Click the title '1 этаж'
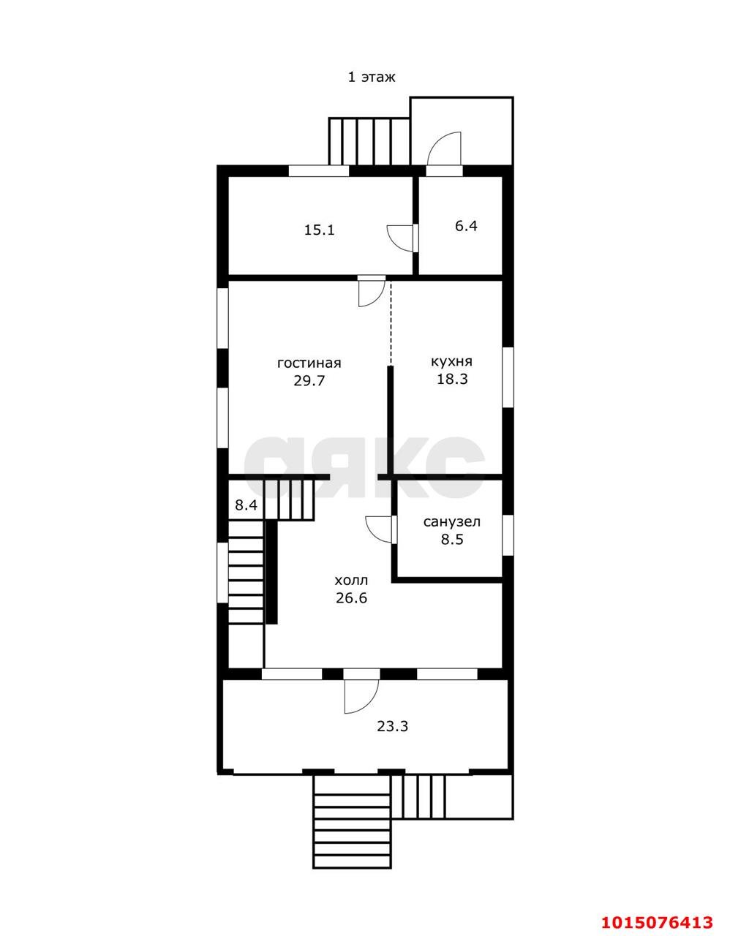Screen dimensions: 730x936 (x=372, y=78)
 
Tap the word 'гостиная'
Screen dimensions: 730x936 (x=309, y=363)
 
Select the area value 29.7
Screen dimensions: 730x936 (x=309, y=381)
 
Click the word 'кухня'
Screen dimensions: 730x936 (x=451, y=361)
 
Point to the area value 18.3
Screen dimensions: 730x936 (x=452, y=379)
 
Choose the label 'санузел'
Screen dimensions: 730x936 (x=452, y=522)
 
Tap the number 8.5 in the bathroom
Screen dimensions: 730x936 (x=452, y=539)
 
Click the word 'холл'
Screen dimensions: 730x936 (x=351, y=581)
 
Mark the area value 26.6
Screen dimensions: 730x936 (x=351, y=598)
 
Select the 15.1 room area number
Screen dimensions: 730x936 (x=319, y=230)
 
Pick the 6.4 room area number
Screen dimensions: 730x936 (x=467, y=226)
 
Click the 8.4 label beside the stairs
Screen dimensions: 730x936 (x=246, y=505)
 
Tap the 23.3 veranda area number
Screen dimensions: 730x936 (x=392, y=727)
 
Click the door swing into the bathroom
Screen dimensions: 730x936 (x=378, y=529)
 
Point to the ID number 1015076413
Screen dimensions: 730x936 (x=657, y=918)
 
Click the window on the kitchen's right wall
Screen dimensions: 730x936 (x=508, y=377)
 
